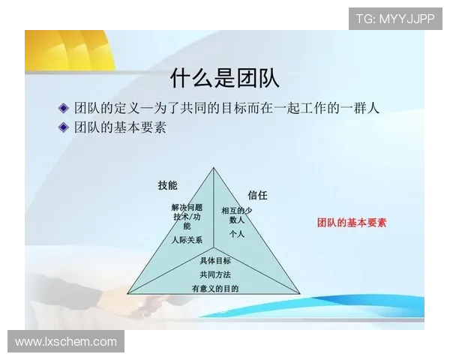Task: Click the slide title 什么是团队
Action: point(225,77)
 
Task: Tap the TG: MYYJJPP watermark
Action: point(395,18)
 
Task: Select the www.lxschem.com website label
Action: point(66,342)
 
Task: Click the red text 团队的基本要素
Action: point(351,223)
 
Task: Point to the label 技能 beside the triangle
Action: point(167,185)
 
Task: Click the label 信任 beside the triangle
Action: point(257,195)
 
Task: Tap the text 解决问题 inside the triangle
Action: point(187,207)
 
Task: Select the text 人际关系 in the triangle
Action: point(186,240)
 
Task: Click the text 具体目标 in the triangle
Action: point(215,260)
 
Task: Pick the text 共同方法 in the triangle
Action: point(215,274)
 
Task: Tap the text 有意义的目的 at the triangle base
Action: point(214,289)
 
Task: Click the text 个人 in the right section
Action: point(237,233)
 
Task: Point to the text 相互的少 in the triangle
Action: point(237,211)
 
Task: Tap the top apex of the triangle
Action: point(214,168)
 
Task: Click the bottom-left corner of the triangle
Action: point(127,293)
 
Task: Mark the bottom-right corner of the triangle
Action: point(300,293)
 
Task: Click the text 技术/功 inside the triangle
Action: point(186,217)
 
